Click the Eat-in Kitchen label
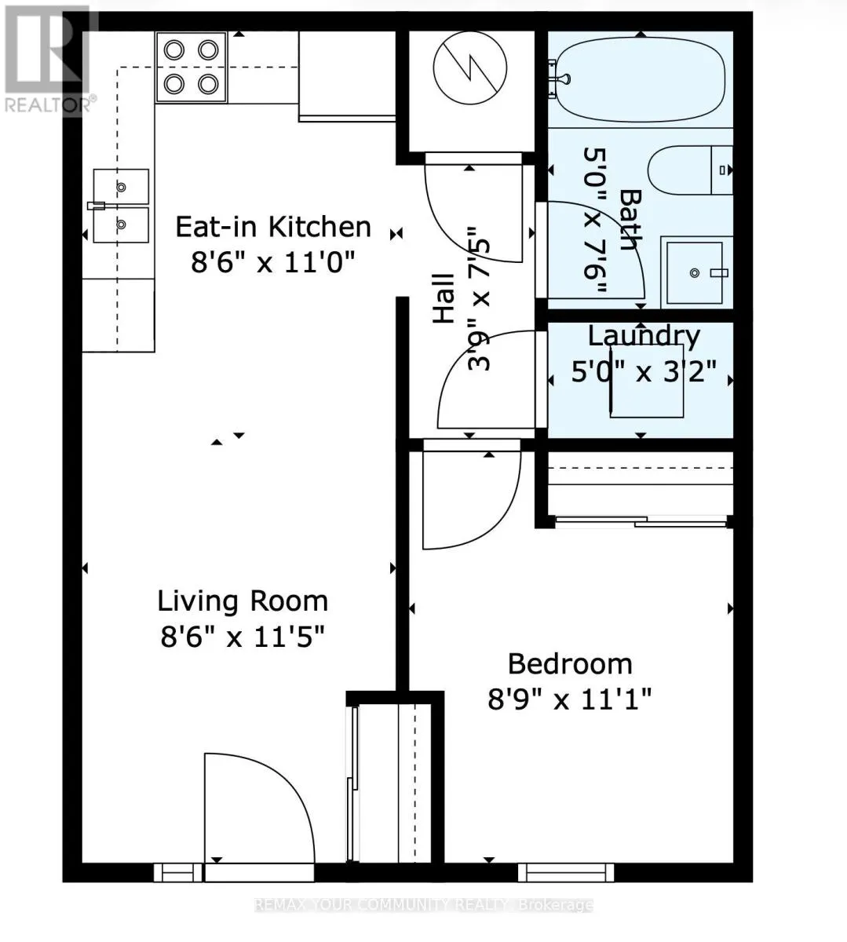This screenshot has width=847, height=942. pos(273,228)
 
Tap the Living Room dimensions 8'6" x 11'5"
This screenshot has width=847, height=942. pos(243,637)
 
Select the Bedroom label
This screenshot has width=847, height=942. pos(570,664)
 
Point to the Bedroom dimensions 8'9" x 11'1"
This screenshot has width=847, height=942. pos(569,699)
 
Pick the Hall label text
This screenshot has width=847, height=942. pos(444,298)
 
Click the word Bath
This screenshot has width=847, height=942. pos(630,219)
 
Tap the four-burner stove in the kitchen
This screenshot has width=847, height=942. pos(192,68)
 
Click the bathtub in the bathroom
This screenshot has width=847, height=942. pos(641,80)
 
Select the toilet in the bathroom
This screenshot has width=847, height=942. pos(690,170)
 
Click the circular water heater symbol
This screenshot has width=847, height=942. pos(470,68)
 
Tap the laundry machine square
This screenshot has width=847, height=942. pos(647,381)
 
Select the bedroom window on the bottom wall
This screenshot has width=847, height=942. pos(566,872)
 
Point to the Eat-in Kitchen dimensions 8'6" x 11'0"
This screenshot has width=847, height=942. pos(272,261)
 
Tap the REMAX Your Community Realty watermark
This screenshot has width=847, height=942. pos(423,905)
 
